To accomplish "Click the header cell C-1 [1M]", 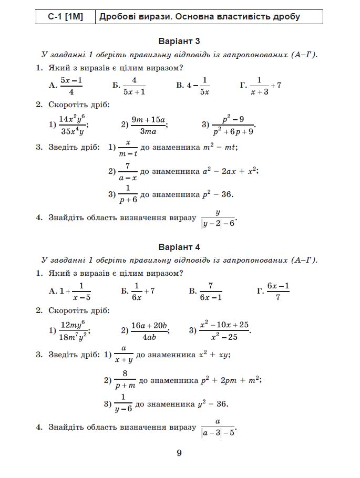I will (x=66, y=16).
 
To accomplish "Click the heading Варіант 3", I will (x=179, y=41).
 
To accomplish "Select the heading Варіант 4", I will (x=179, y=247).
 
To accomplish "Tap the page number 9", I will (x=179, y=453).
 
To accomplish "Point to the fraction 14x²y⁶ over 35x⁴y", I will (x=73, y=125).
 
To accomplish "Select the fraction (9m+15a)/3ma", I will (x=148, y=125).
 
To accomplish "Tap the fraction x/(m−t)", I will (x=128, y=148).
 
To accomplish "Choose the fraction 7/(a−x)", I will (x=127, y=171).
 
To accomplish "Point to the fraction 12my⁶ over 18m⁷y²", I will (x=73, y=331).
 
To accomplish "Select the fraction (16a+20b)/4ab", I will (x=149, y=331).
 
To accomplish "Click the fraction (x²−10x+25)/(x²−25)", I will (x=224, y=331).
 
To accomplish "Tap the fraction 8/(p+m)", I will (x=125, y=380).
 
